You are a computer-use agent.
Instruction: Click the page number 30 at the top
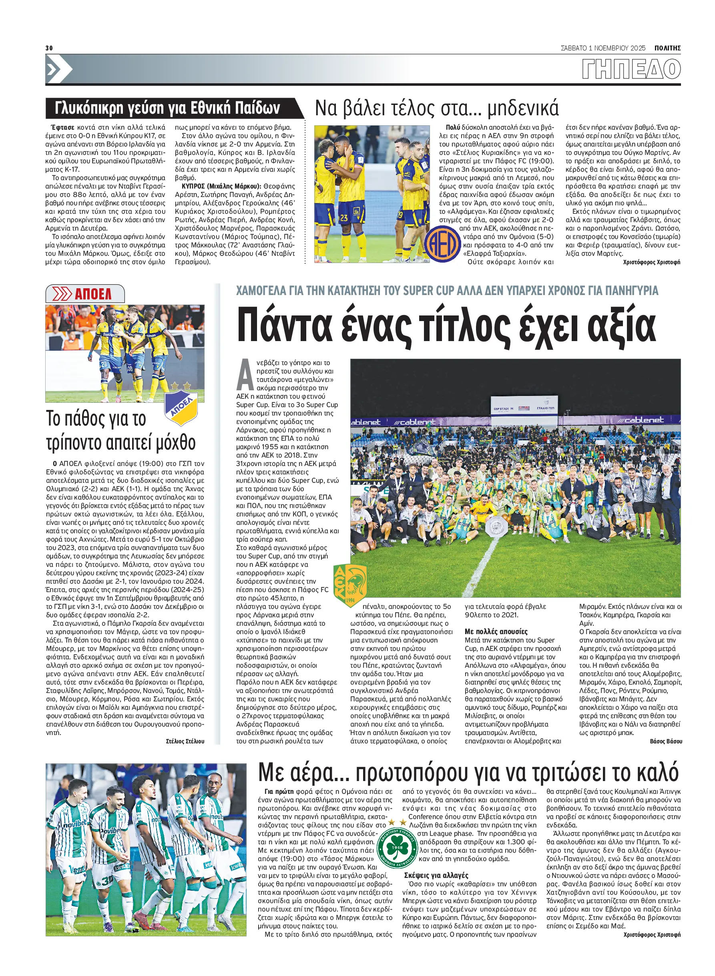point(49,48)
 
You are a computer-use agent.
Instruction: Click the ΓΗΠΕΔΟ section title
point(631,69)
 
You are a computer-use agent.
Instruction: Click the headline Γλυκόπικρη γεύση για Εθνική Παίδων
point(167,108)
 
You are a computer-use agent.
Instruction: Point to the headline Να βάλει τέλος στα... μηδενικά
point(436,108)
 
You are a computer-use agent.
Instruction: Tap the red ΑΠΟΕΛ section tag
point(85,294)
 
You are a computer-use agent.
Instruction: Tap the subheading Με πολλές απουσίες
point(496,631)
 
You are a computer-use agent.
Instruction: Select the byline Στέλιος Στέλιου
point(185,741)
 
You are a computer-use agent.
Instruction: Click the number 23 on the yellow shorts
point(344,218)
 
